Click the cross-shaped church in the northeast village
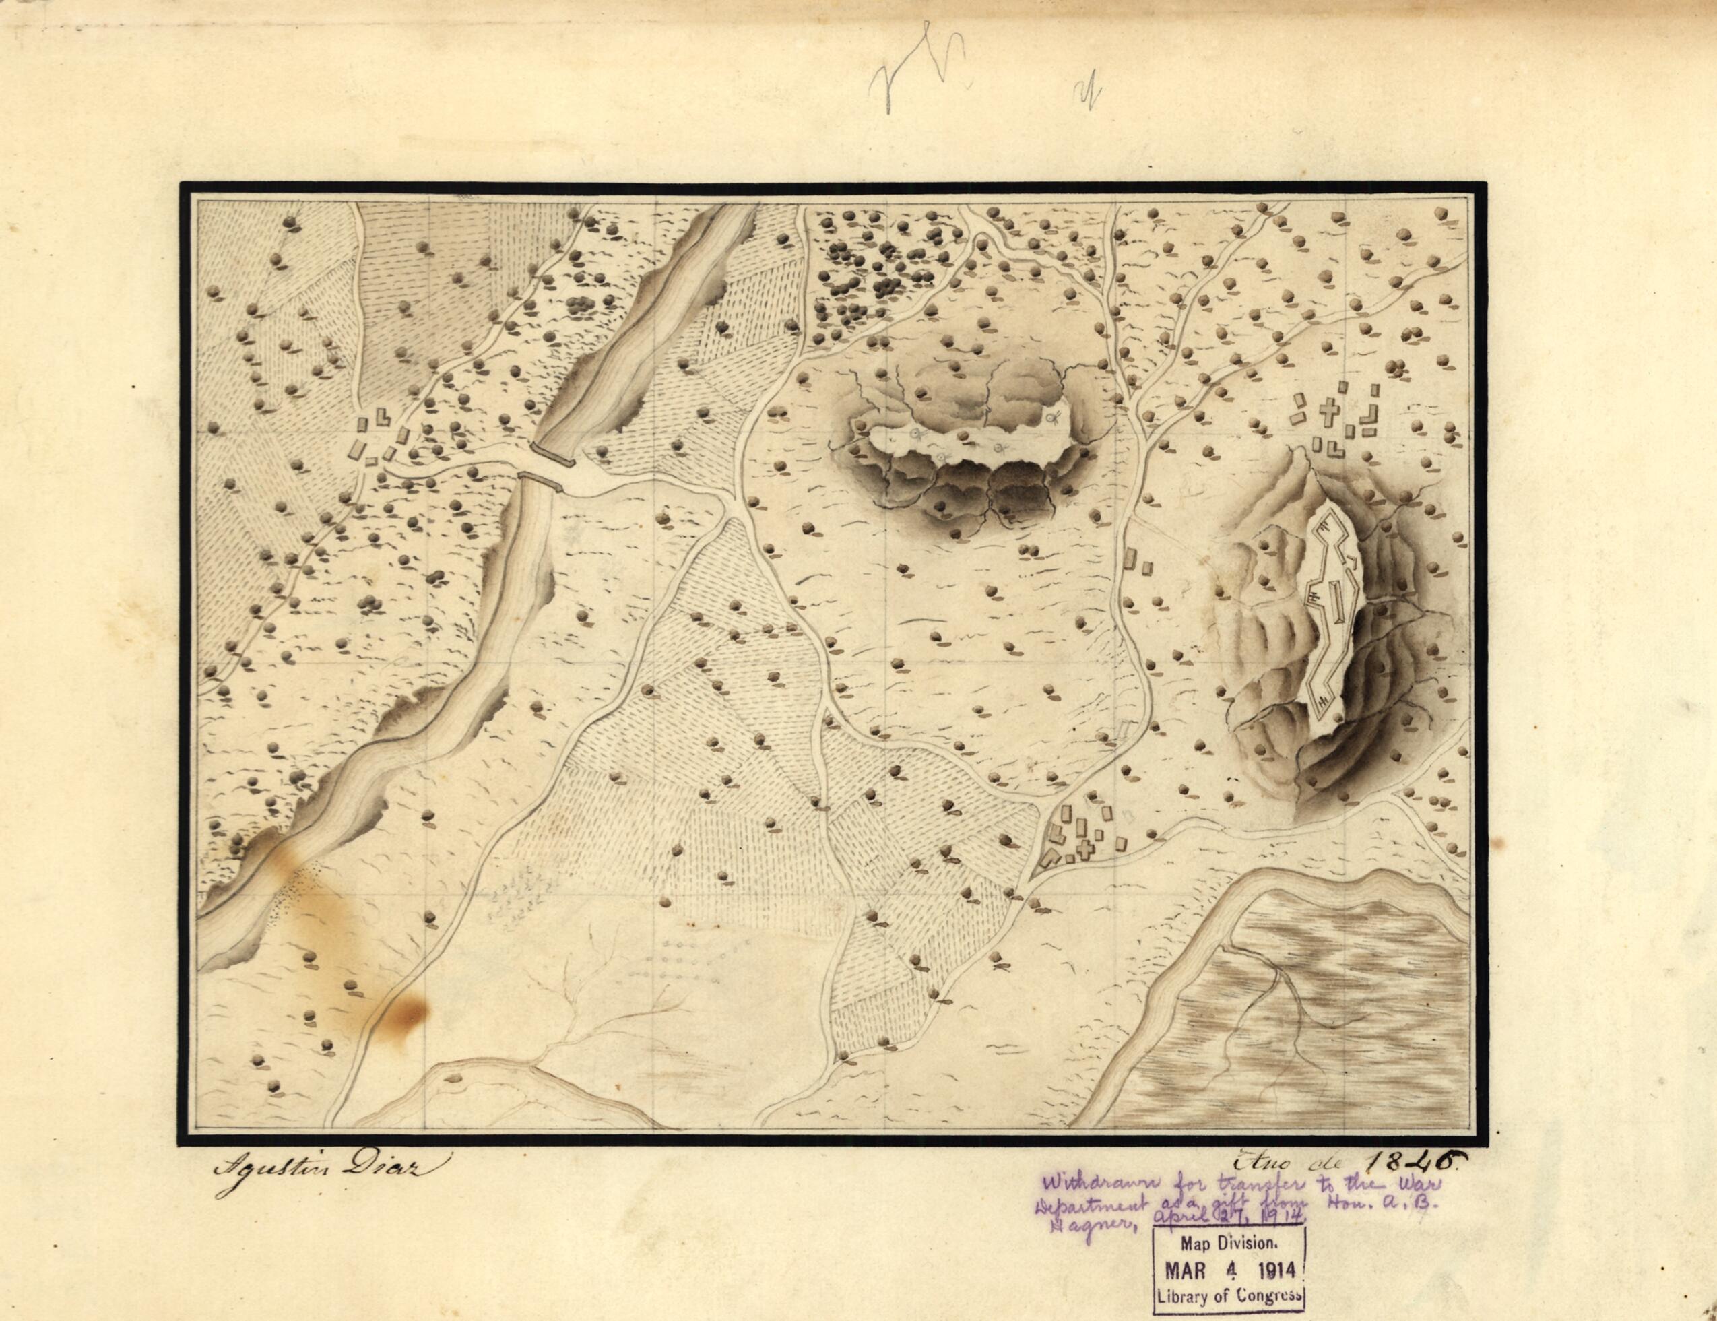point(1328,411)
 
